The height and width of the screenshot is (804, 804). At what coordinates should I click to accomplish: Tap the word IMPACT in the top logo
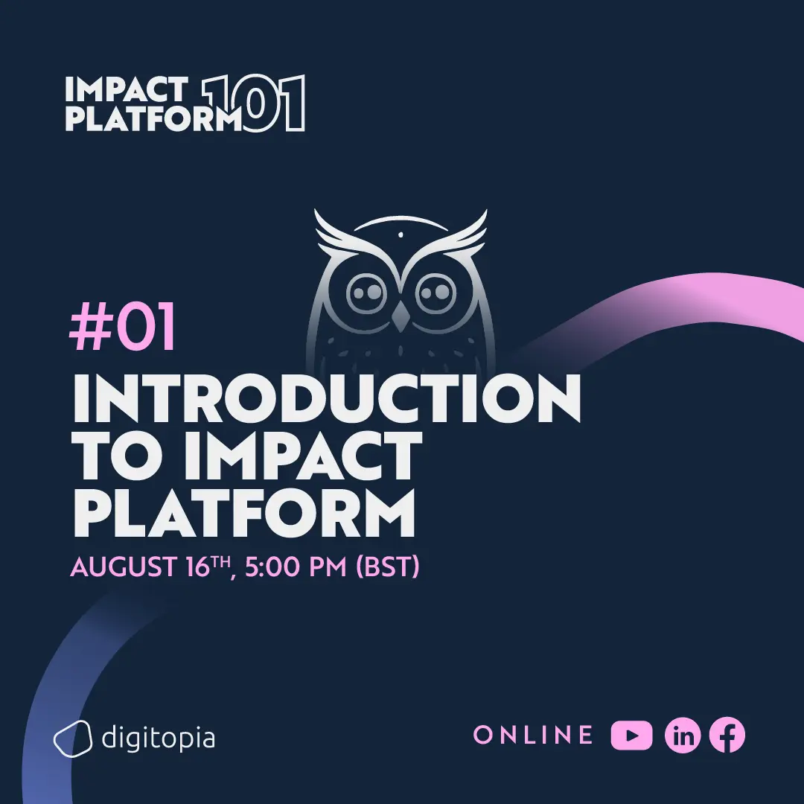[125, 90]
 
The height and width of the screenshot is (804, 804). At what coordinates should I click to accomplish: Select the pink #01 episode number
[123, 328]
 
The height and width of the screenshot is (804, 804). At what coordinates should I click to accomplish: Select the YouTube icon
[631, 736]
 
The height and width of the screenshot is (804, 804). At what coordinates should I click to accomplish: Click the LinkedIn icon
[683, 736]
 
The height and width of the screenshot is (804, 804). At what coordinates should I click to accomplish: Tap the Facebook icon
[727, 736]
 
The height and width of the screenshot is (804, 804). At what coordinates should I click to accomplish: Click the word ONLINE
[533, 736]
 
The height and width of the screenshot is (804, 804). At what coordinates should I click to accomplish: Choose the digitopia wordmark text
[158, 738]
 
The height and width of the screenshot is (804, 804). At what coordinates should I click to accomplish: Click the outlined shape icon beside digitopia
[72, 738]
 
